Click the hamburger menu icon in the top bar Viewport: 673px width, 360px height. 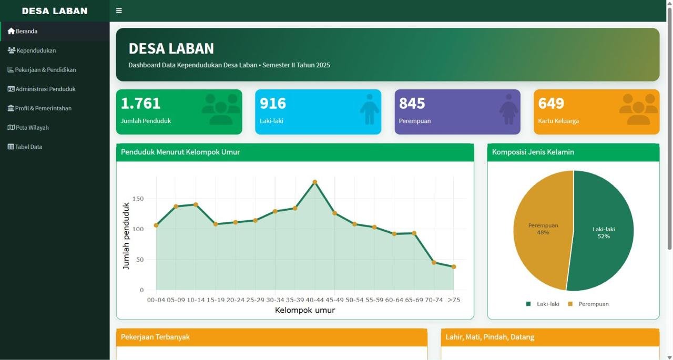click(x=119, y=11)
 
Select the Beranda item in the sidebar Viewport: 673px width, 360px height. click(x=23, y=31)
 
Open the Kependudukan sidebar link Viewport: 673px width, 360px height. click(x=32, y=50)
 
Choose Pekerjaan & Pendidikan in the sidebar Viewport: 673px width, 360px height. click(x=42, y=70)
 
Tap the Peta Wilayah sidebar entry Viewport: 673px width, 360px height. click(x=28, y=128)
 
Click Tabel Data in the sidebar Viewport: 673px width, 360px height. click(x=25, y=147)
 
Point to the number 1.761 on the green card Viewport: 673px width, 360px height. click(x=140, y=104)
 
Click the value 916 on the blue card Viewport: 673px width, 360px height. click(x=273, y=104)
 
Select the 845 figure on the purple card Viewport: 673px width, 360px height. click(x=412, y=104)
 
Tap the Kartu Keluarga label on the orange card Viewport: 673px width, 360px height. click(x=558, y=121)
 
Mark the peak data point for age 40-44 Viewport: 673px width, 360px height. click(x=315, y=182)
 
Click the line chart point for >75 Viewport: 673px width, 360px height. click(x=454, y=266)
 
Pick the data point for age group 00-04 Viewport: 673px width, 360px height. click(x=156, y=225)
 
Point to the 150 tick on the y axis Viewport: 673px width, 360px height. click(x=138, y=199)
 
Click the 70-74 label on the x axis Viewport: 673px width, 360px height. click(x=434, y=300)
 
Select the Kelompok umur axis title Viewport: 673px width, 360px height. click(x=305, y=310)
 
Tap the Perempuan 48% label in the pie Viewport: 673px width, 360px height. click(x=543, y=229)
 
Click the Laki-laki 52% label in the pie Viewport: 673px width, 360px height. click(x=604, y=233)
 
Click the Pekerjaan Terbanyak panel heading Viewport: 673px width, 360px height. click(x=155, y=337)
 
